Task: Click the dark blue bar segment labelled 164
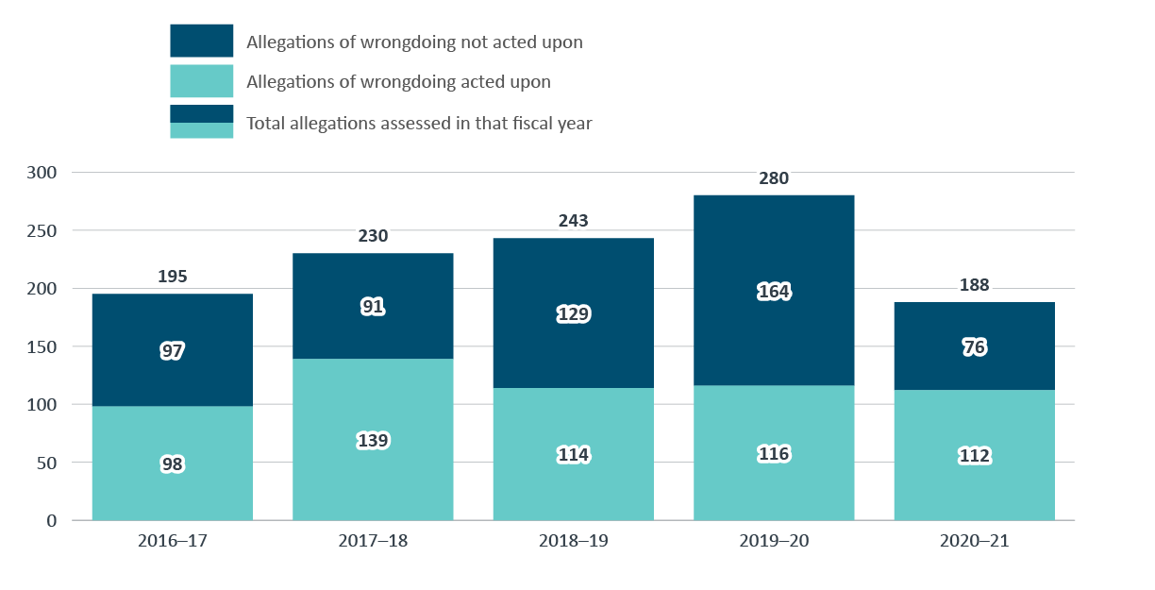(x=774, y=245)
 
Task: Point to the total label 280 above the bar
(x=774, y=178)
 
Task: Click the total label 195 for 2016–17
(x=173, y=277)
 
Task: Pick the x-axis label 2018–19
(x=573, y=542)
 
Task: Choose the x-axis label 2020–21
(x=974, y=542)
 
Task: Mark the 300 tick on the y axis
(x=43, y=173)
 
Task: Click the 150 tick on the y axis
(x=43, y=346)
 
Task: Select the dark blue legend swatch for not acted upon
(x=201, y=41)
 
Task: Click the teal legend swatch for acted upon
(x=201, y=81)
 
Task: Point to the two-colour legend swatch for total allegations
(x=201, y=122)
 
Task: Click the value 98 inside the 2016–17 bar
(x=173, y=464)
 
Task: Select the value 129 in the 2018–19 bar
(x=573, y=314)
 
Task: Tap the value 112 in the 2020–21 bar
(x=974, y=456)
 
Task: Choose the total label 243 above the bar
(x=573, y=221)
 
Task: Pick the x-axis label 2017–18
(x=373, y=542)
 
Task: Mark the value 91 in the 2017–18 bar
(x=373, y=307)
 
